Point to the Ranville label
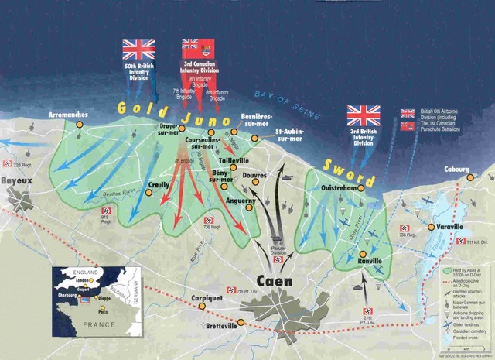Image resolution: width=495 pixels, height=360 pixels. (370, 262)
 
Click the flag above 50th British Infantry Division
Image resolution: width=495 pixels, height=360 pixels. (139, 50)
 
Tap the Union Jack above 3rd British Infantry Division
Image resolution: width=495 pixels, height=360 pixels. (364, 115)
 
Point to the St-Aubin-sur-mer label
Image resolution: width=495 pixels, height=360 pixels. (295, 136)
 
